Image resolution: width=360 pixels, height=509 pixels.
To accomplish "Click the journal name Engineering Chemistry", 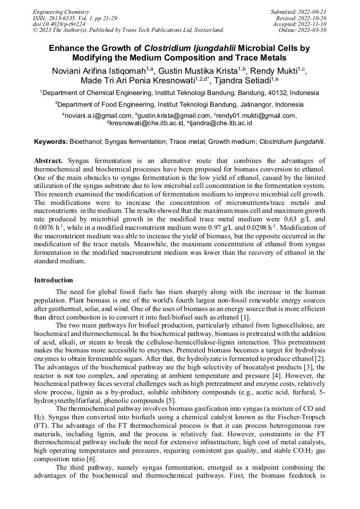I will coord(61,12).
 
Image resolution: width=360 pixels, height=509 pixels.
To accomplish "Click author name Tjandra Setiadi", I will coord(244,81).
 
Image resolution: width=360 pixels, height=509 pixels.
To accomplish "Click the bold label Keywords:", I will coord(51,142).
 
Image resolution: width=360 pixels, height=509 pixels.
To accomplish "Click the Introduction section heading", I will coord(54,280).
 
